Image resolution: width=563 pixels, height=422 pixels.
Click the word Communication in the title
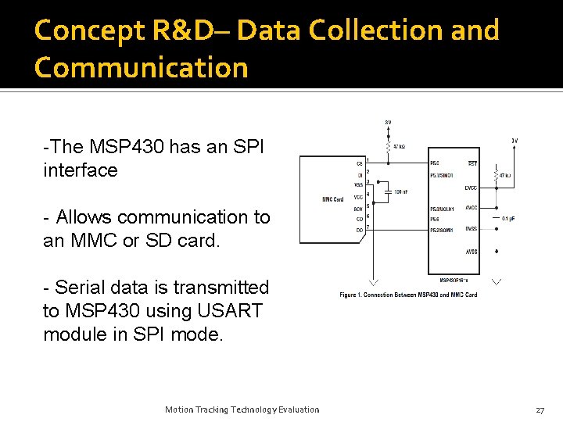[141, 67]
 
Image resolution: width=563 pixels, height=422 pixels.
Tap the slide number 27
[540, 409]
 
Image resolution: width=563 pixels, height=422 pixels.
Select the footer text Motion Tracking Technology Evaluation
[242, 409]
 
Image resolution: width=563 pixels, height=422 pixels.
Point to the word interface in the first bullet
[80, 170]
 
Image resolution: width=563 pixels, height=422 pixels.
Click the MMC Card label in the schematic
[332, 199]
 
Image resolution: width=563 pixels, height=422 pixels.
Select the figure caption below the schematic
[408, 295]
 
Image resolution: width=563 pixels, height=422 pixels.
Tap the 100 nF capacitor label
[401, 191]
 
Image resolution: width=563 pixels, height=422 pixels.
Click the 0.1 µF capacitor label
[507, 218]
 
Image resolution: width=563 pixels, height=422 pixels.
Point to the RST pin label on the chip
[472, 163]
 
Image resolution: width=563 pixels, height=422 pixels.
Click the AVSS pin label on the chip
[471, 252]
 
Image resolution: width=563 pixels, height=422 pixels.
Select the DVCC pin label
[470, 188]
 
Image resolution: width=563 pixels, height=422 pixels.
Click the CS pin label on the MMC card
[360, 164]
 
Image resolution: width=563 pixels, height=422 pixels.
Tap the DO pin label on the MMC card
[359, 230]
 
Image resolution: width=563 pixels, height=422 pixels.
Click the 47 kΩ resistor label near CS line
[399, 146]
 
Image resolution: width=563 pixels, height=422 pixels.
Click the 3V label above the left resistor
[389, 123]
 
